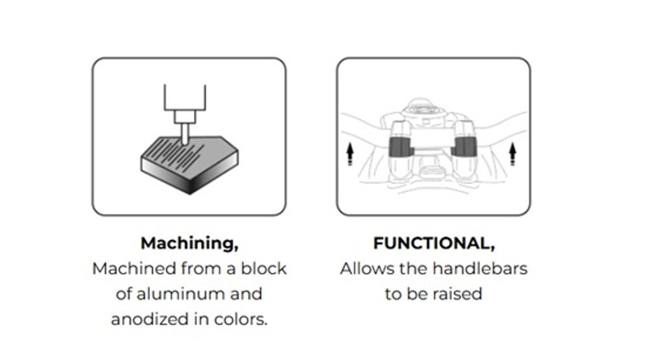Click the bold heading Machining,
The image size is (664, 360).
pos(189,243)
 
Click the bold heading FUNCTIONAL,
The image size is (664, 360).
pos(434,243)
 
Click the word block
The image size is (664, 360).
pos(264,269)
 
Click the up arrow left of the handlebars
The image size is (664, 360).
pos(350,153)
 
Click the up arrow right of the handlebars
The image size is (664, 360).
pos(512,153)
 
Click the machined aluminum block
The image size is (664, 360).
pos(189,165)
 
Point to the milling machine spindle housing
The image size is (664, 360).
pos(185,97)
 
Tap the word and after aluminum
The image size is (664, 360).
pos(246,294)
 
